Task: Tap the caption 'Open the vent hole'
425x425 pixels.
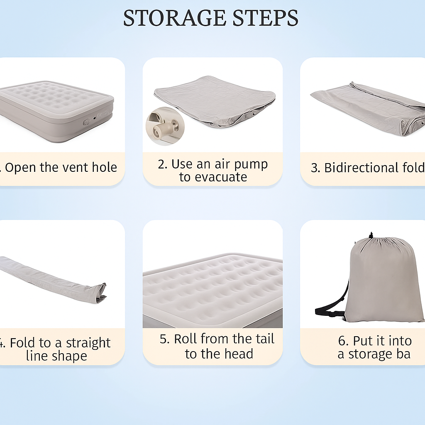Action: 61,168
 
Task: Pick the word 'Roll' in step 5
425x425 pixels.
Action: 185,339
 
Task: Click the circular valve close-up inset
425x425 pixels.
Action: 163,126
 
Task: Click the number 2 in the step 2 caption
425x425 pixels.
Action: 162,164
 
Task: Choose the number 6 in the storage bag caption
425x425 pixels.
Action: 343,341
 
